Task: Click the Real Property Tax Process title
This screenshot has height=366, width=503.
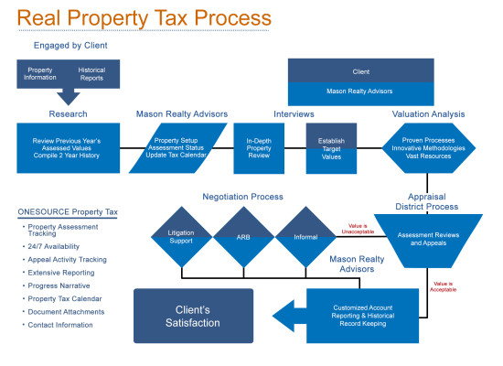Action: [x=144, y=18]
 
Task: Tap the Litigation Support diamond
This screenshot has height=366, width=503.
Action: [x=182, y=237]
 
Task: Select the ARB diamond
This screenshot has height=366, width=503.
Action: [x=243, y=237]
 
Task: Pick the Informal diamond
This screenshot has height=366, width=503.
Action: [x=305, y=237]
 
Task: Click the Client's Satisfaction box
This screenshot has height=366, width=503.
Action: [x=194, y=316]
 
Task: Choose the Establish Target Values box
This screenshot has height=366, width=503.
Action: [x=331, y=148]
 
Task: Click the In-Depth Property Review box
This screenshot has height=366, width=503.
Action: [x=259, y=148]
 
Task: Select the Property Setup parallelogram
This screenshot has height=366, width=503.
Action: [x=177, y=148]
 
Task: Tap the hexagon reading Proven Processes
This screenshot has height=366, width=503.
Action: [x=429, y=148]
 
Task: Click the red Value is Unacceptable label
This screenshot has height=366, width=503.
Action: [x=358, y=229]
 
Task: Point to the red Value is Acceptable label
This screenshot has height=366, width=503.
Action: [x=443, y=286]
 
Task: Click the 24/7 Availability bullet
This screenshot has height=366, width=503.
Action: [x=53, y=246]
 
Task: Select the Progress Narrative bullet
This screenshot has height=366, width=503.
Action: [x=59, y=285]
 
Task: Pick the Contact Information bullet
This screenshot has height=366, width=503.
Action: [x=60, y=325]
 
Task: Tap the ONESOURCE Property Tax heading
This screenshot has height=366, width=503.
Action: [x=68, y=212]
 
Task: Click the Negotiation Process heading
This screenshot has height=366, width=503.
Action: [x=243, y=197]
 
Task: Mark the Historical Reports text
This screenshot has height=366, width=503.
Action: [x=91, y=74]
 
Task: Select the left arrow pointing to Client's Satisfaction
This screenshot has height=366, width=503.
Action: [x=290, y=316]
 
